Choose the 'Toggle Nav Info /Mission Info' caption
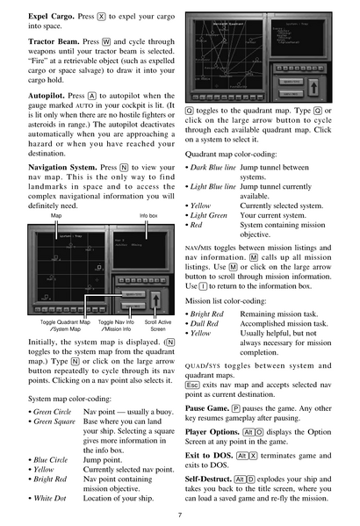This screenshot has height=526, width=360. [x=116, y=325]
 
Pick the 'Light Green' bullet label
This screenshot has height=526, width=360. [x=213, y=215]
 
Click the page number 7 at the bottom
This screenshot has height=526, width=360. [x=180, y=515]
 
